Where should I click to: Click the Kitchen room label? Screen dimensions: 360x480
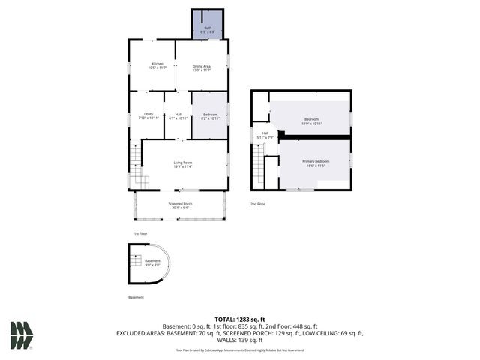click(157, 66)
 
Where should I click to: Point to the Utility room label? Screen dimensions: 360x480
click(148, 115)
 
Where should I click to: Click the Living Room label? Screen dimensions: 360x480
click(183, 164)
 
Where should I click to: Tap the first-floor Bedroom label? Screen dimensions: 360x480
click(210, 116)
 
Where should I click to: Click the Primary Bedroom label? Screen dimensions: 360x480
click(316, 163)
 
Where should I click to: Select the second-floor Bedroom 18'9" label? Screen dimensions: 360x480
click(312, 121)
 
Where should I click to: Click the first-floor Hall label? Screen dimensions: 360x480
click(178, 115)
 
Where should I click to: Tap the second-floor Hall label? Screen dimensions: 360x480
click(265, 135)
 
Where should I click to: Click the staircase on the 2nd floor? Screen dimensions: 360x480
click(259, 163)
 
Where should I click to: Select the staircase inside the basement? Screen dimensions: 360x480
click(136, 261)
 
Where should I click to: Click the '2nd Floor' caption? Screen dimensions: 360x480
click(257, 203)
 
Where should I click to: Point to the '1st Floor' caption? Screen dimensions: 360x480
click(140, 234)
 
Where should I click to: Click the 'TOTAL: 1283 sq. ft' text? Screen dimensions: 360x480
click(240, 319)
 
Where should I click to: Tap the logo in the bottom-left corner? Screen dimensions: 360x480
click(22, 334)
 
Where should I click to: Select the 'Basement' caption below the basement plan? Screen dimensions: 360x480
click(136, 297)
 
